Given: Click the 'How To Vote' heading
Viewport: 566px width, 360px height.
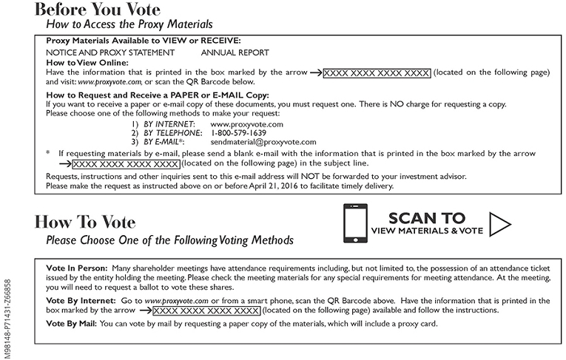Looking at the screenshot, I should tap(85, 222).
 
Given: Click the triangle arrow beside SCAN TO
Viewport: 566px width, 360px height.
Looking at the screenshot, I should tap(502, 224).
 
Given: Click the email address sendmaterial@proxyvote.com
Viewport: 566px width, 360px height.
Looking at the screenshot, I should tap(263, 141).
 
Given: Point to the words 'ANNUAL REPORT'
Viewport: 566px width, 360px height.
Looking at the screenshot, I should tap(235, 52).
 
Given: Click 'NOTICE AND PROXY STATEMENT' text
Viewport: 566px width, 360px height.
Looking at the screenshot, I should tap(110, 52).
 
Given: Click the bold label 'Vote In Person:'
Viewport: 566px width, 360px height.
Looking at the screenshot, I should tap(76, 266).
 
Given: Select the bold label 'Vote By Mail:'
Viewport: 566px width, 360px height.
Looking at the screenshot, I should tap(73, 324).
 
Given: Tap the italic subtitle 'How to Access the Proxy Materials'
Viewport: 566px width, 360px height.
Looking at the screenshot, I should tap(128, 24).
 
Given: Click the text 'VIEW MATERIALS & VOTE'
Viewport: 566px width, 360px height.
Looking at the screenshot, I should tap(427, 231).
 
